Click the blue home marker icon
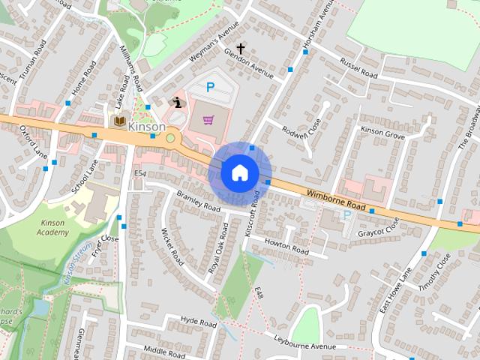238,172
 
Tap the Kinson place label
147,127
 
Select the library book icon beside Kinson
118,121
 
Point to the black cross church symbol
241,48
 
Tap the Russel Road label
358,68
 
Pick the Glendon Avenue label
248,63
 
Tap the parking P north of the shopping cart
211,88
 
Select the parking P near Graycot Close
346,215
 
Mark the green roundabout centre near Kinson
171,138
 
